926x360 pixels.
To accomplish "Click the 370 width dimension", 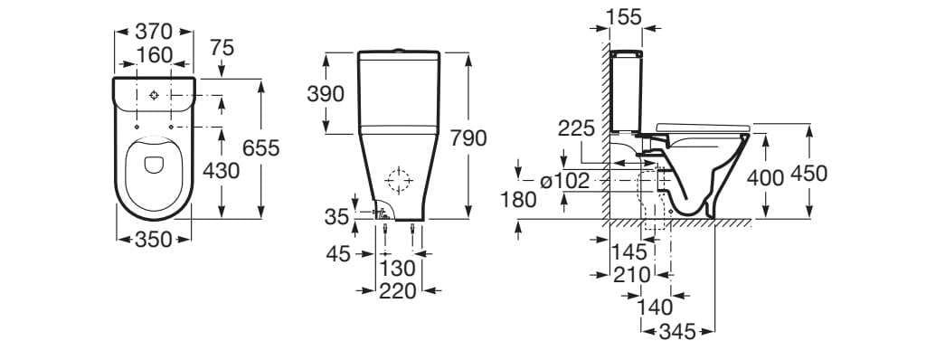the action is click(x=154, y=31).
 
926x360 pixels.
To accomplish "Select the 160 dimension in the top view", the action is click(x=155, y=55).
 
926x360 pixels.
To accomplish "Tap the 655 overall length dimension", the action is click(x=261, y=147).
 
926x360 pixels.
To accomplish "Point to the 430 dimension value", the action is click(x=221, y=171).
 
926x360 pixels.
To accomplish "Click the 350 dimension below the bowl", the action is click(x=154, y=240).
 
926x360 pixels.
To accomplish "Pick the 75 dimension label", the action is click(x=222, y=48).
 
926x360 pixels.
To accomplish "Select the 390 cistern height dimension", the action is click(x=326, y=93).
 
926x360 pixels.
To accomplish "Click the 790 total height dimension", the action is click(x=468, y=137).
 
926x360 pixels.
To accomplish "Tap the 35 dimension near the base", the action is click(x=336, y=217).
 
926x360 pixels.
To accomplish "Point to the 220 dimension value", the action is click(x=398, y=290).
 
